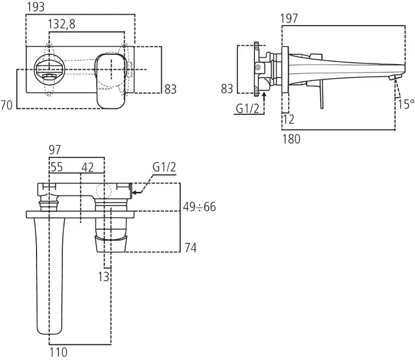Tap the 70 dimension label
pyautogui.click(x=7, y=105)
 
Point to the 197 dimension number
pyautogui.click(x=290, y=19)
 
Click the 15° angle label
pyautogui.click(x=405, y=104)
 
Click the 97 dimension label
pyautogui.click(x=55, y=150)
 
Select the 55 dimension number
pyautogui.click(x=56, y=167)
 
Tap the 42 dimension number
pyautogui.click(x=87, y=167)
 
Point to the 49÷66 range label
pyautogui.click(x=199, y=207)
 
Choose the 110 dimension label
pyautogui.click(x=59, y=353)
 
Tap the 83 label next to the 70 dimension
pyautogui.click(x=170, y=89)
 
